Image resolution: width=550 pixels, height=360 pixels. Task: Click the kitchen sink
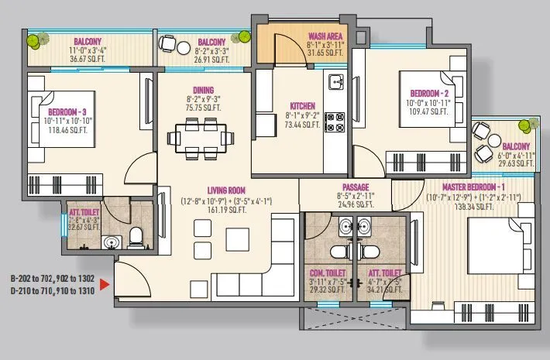pyautogui.click(x=335, y=81)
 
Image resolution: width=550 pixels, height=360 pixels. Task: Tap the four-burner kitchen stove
pyautogui.click(x=335, y=122)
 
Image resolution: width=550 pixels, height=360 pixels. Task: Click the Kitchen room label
pyautogui.click(x=301, y=106)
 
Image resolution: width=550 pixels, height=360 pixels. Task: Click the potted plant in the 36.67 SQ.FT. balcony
pyautogui.click(x=35, y=41)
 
